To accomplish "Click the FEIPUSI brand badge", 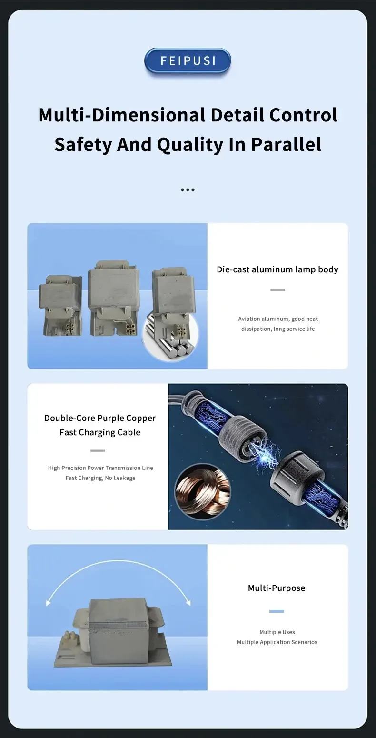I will pos(188,61).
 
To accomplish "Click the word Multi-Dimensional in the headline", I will pos(121,115).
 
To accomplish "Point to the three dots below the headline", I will pos(188,190).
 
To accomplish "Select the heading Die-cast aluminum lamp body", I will pos(277,269).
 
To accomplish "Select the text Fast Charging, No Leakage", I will pos(100,478).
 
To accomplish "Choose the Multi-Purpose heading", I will pos(277,588).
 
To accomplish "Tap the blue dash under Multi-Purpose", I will pos(277,611).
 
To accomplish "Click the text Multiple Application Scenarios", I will pos(277,642).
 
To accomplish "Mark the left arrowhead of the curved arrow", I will pos(48,603).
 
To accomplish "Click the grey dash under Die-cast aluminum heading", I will pos(277,290).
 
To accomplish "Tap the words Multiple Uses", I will pos(277,632).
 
